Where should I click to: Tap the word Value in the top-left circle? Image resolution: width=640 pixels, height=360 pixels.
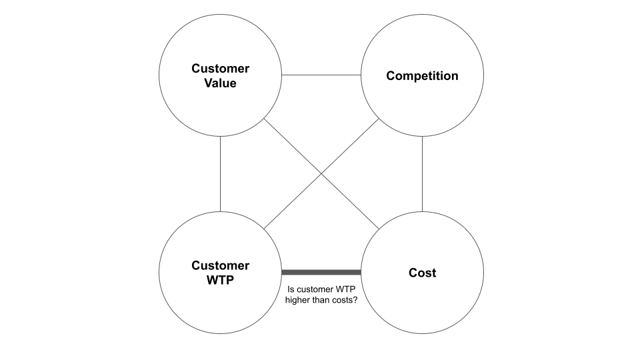[x=220, y=83]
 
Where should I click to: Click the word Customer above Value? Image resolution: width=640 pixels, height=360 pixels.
[x=220, y=69]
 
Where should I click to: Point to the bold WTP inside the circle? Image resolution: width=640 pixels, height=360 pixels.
[x=220, y=281]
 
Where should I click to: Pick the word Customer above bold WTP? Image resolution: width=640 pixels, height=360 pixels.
[x=220, y=266]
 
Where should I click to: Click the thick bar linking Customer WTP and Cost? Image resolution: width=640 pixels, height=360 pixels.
[x=321, y=272]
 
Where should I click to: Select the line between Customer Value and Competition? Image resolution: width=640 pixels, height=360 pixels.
[x=321, y=75]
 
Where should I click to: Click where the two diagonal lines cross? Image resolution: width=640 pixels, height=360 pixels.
[x=321, y=174]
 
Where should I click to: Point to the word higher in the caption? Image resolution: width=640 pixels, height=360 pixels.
[x=300, y=301]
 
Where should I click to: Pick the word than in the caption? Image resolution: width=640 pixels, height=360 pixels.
[x=326, y=301]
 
